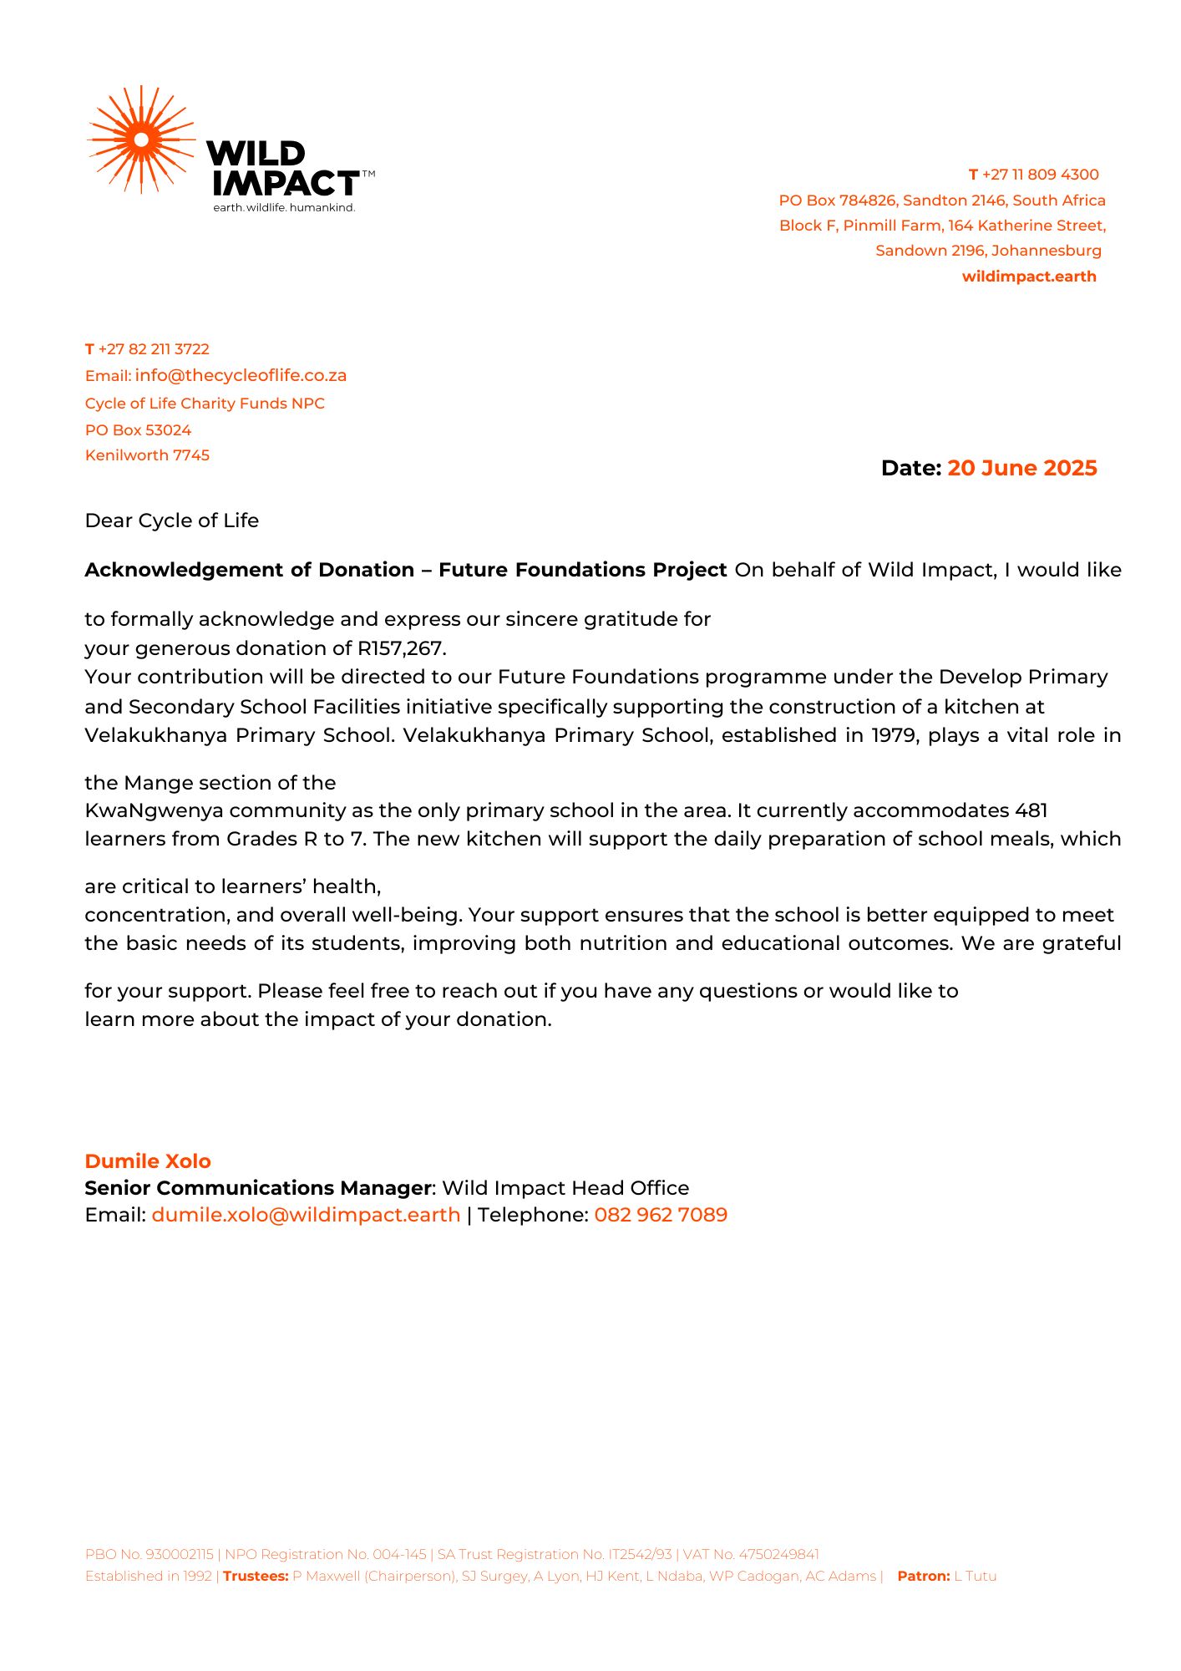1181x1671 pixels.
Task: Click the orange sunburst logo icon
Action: pos(141,140)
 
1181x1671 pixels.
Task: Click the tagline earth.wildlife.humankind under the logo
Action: pos(284,207)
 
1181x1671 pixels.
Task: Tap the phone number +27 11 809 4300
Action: pos(1040,175)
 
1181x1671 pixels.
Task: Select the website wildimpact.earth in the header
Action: pos(1029,277)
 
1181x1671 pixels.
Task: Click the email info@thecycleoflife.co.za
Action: pos(241,375)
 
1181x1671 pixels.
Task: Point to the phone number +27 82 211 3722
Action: pos(154,349)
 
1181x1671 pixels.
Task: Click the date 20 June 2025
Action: pos(1021,468)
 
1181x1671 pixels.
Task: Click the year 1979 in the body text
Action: pos(894,735)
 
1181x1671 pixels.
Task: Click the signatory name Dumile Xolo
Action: pos(148,1161)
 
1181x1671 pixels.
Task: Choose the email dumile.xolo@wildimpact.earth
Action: pos(306,1215)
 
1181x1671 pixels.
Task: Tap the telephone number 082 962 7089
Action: pos(661,1215)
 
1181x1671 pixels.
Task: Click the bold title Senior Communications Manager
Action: pos(258,1188)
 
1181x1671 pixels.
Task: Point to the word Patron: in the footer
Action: pos(923,1577)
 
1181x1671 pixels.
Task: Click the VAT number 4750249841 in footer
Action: pos(778,1555)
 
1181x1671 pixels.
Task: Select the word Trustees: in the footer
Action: pos(256,1577)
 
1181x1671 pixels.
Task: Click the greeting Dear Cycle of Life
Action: pos(172,521)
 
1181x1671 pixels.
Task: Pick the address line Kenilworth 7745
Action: pos(147,455)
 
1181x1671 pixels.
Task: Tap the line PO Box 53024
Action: pos(138,430)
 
